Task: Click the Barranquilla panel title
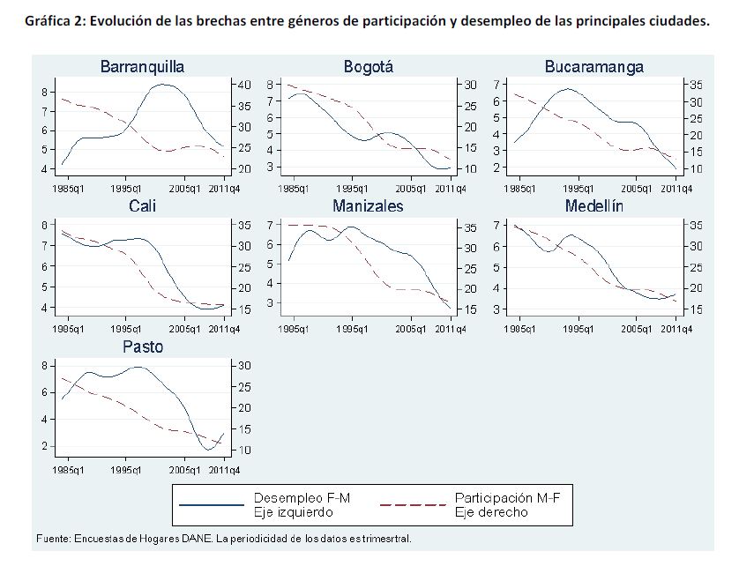click(142, 67)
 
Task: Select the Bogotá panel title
click(368, 67)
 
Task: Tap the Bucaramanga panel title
click(593, 67)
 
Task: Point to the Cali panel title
click(142, 206)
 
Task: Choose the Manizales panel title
click(368, 206)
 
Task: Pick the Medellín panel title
click(593, 206)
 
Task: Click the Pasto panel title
click(142, 347)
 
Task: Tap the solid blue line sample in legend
click(211, 504)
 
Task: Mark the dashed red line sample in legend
click(412, 504)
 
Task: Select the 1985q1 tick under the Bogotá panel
click(293, 189)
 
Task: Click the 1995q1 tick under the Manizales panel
click(352, 329)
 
